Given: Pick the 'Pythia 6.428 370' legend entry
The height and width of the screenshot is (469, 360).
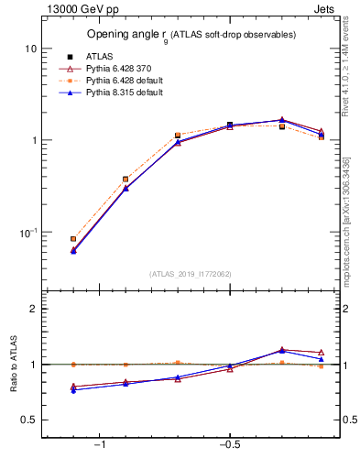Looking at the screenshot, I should tap(109, 69).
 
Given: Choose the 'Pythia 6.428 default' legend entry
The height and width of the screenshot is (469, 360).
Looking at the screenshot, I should tap(114, 81).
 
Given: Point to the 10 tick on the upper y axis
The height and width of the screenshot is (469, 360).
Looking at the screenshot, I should tap(30, 48).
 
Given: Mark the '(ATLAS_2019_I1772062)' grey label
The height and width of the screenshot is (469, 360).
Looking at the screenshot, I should tap(191, 273).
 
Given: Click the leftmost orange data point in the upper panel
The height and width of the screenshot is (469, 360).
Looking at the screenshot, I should tap(73, 239).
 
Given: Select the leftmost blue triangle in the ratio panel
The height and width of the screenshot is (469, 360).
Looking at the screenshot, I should tap(73, 390).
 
